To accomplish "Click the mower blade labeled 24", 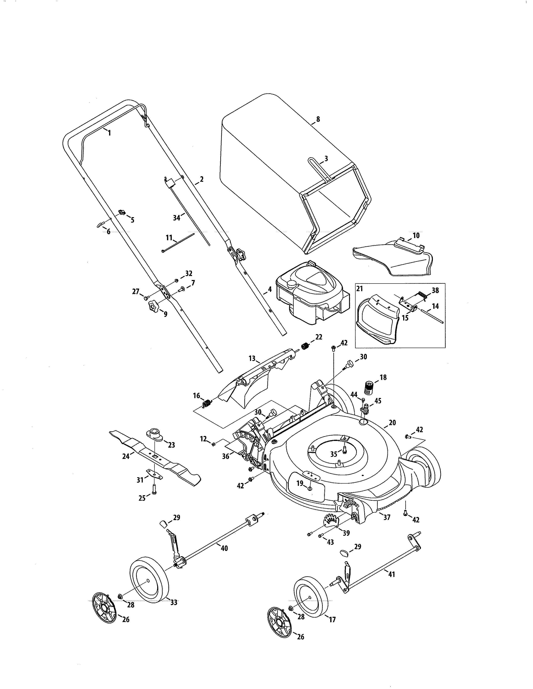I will tap(155, 459).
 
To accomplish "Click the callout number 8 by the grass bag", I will tap(318, 119).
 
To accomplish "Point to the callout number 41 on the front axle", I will tap(391, 574).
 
